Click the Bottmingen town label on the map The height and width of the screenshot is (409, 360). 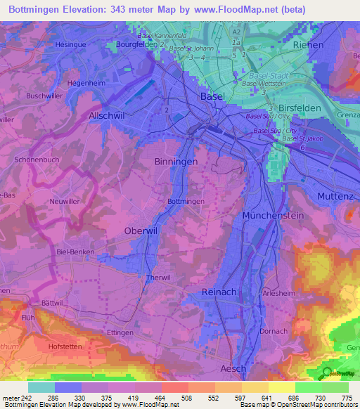(x=186, y=202)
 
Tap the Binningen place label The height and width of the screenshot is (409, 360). (x=176, y=162)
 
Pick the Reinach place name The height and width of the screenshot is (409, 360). (x=219, y=292)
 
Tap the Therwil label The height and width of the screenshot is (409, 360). (x=158, y=278)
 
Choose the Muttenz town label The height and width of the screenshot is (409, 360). (x=335, y=195)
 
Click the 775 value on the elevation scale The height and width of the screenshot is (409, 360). (x=345, y=399)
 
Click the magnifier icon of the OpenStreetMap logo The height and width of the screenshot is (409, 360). (x=326, y=373)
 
